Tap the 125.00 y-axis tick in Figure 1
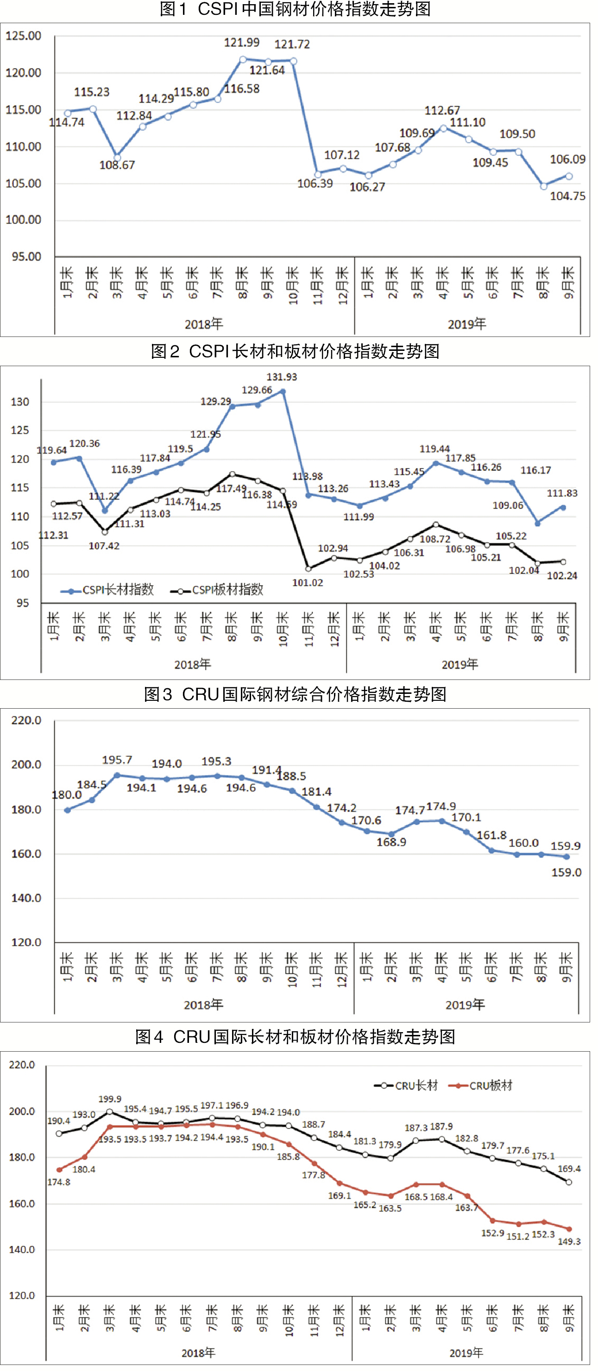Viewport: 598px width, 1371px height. coord(24,36)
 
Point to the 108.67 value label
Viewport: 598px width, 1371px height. coord(117,165)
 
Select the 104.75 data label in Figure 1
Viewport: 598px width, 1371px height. coord(567,197)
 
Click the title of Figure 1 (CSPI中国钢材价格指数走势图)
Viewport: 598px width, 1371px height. coord(295,9)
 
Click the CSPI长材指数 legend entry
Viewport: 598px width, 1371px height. coord(108,590)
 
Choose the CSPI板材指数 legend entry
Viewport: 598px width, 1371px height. coord(218,590)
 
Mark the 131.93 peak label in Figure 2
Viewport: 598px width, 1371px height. coord(282,377)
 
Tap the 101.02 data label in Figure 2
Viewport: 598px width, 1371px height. coord(308,583)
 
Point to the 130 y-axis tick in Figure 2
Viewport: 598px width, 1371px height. coord(20,402)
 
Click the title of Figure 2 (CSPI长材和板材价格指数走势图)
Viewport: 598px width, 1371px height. coord(295,351)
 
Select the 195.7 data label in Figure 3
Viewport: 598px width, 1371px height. coord(117,760)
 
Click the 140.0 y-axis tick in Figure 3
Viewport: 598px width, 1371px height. coord(26,898)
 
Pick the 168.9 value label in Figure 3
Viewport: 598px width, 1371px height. coord(391,842)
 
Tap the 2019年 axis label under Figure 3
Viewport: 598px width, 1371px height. coord(465,1004)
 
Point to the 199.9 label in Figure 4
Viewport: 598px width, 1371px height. coord(110,1099)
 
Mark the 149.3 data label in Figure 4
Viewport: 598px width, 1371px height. coord(569,1242)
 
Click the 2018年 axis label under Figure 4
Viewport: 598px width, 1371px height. coord(198,1352)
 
